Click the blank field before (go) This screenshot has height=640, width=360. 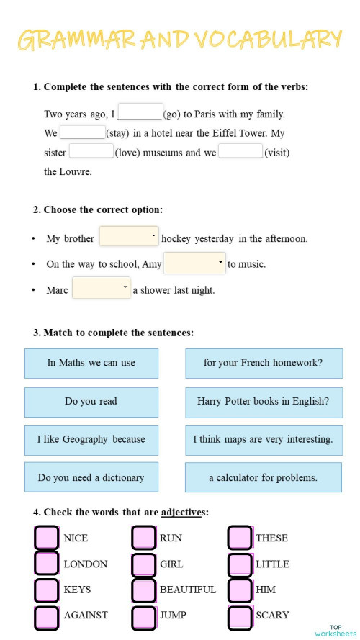point(140,112)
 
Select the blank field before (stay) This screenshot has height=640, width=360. point(83,132)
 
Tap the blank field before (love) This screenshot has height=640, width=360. point(91,151)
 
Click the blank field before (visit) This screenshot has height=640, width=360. point(240,151)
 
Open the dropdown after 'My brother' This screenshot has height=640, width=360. point(129,236)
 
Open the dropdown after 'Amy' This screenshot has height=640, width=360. point(194,263)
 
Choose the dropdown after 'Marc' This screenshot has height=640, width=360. point(101,288)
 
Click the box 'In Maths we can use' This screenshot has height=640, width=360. point(91,363)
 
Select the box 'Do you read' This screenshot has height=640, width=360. point(91,402)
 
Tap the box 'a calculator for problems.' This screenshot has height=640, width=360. point(264,477)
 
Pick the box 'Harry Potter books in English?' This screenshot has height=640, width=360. point(264,402)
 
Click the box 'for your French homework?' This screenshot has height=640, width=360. point(264,363)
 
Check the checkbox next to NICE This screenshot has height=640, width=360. point(47,538)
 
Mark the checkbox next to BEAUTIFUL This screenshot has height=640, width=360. point(143,590)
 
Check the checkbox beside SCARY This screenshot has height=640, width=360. point(240,616)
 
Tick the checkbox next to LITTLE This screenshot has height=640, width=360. point(240,564)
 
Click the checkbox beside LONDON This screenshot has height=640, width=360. point(47,564)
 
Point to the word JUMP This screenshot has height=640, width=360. point(173,616)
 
